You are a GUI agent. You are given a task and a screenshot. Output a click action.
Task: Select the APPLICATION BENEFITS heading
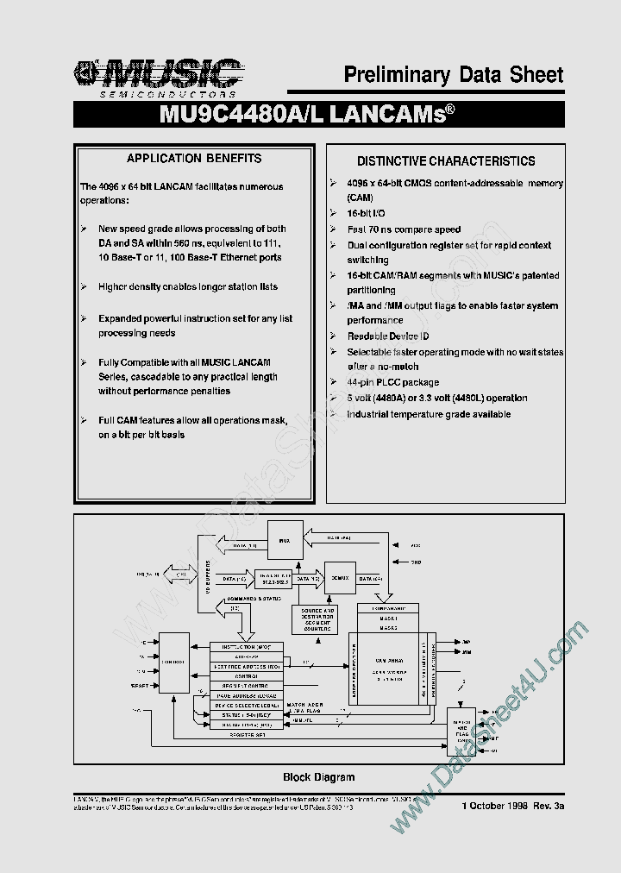194,159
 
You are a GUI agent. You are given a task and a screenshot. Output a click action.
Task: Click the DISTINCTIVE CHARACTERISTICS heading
446,161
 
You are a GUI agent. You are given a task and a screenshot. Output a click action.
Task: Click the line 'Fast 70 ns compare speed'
404,229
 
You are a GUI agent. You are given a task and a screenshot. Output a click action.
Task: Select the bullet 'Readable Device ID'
387,336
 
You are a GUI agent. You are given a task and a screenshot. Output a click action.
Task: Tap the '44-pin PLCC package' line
392,382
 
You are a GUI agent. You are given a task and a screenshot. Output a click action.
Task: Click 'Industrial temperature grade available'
429,414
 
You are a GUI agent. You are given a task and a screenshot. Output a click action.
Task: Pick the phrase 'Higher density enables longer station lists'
188,286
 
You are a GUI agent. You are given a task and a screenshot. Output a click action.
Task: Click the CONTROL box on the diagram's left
175,663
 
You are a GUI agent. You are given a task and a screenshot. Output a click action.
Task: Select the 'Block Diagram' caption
318,777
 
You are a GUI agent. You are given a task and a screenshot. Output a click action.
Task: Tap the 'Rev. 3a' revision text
548,805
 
